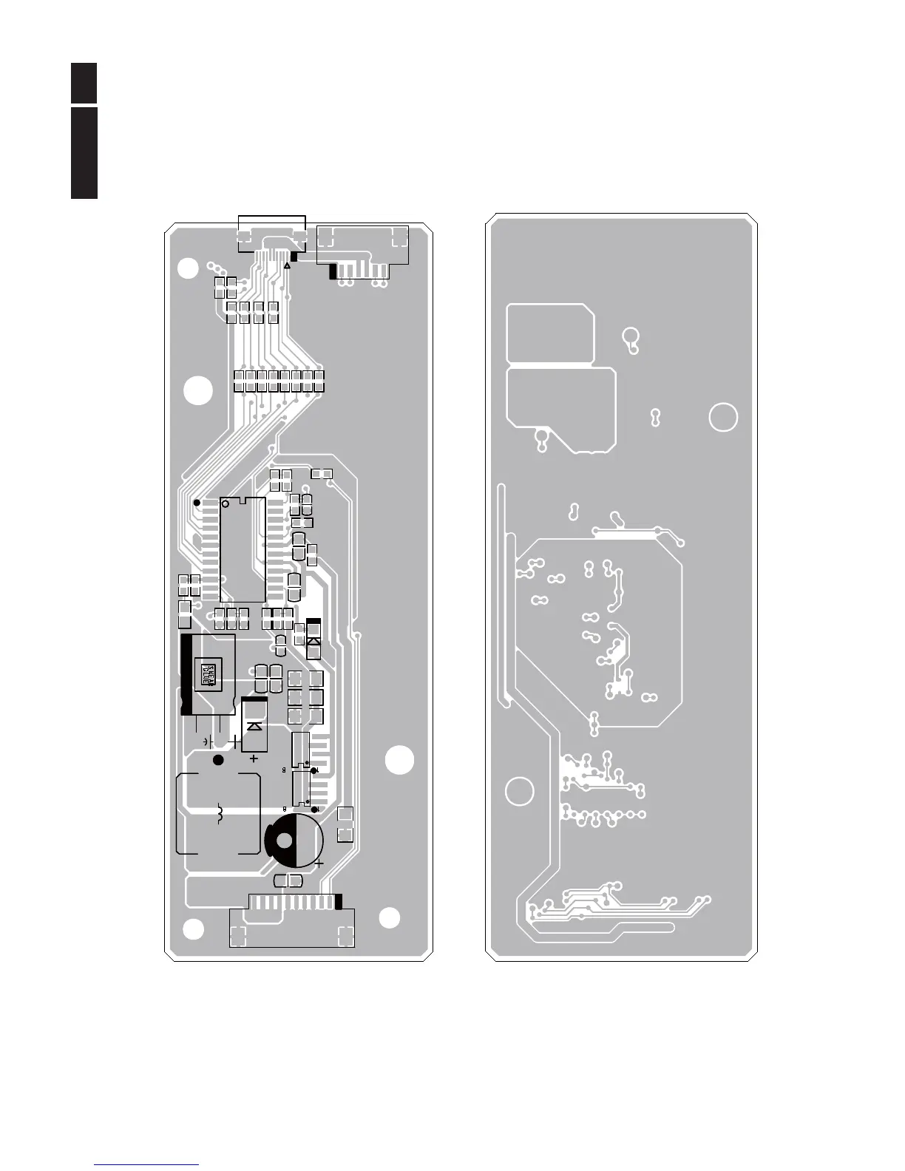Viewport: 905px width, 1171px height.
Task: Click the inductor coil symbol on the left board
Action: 219,815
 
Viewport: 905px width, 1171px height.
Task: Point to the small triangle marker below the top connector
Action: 286,265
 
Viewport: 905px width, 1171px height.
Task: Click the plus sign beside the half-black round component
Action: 319,862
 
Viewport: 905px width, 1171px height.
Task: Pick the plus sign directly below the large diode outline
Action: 254,758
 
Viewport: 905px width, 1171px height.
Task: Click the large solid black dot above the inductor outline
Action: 217,760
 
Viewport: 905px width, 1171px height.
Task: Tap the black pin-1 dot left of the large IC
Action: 197,503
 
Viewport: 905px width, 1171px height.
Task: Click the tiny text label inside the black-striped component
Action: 209,673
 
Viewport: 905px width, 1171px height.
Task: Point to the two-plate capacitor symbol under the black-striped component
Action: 208,740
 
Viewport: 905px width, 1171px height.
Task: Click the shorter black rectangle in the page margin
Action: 84,84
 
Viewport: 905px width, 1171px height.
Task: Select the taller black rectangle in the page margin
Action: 84,153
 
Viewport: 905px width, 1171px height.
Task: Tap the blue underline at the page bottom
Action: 146,1164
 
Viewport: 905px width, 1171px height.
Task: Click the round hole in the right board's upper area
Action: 722,417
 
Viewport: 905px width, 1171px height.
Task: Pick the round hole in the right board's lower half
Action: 519,791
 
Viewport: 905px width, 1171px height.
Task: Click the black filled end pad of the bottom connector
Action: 339,901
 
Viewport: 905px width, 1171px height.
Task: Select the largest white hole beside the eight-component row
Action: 197,391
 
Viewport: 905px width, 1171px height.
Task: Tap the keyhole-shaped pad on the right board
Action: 631,339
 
